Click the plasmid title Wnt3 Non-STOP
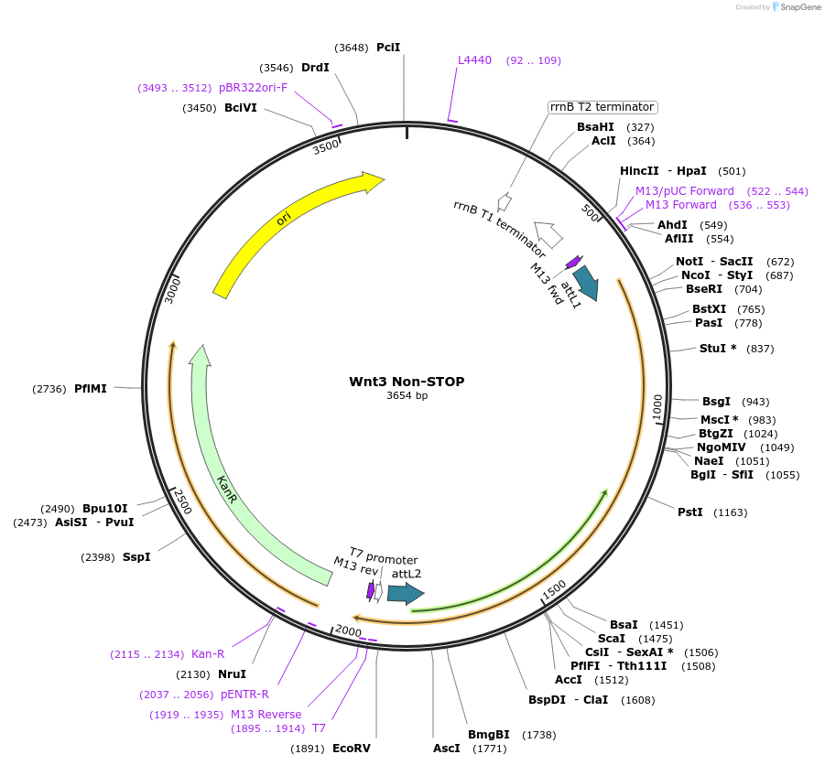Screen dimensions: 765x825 pos(407,382)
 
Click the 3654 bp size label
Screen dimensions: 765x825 pos(407,396)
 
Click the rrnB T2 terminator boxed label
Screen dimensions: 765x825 pos(602,107)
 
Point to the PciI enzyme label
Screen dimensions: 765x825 pos(388,48)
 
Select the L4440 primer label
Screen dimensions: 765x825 pos(474,60)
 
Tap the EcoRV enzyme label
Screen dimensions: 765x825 pos(352,749)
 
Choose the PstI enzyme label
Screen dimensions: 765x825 pos(689,512)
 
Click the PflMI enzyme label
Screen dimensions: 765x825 pos(91,388)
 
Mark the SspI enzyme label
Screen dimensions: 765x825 pos(136,556)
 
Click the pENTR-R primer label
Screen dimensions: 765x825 pos(244,694)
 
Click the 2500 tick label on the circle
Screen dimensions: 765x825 pos(182,501)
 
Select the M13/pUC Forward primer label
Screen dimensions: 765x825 pos(685,191)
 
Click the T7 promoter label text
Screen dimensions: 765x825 pos(384,559)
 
